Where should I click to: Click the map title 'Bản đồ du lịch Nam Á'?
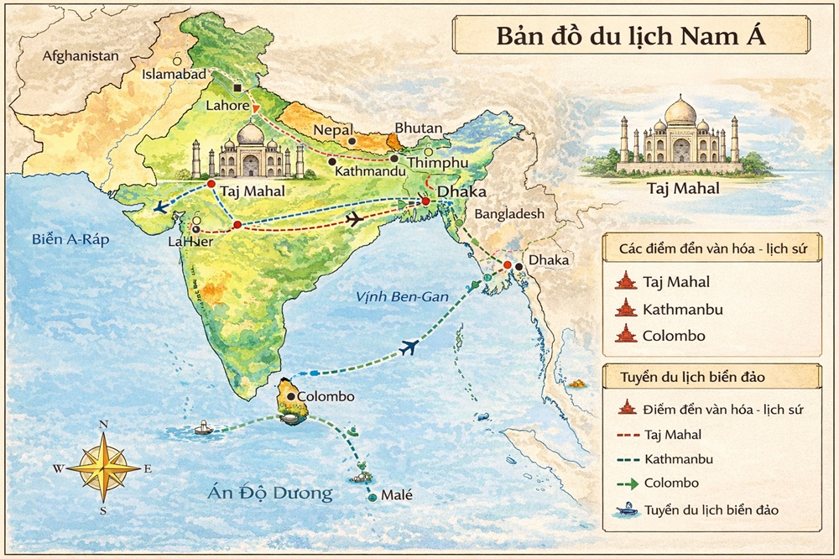631,38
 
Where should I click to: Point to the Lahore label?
227,107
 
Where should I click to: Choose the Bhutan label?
418,128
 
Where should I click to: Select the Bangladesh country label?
507,214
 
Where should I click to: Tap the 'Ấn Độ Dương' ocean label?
270,493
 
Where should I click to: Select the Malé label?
397,495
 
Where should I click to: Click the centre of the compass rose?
103,468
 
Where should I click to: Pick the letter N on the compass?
103,425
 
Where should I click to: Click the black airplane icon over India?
355,219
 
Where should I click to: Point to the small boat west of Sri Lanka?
205,427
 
